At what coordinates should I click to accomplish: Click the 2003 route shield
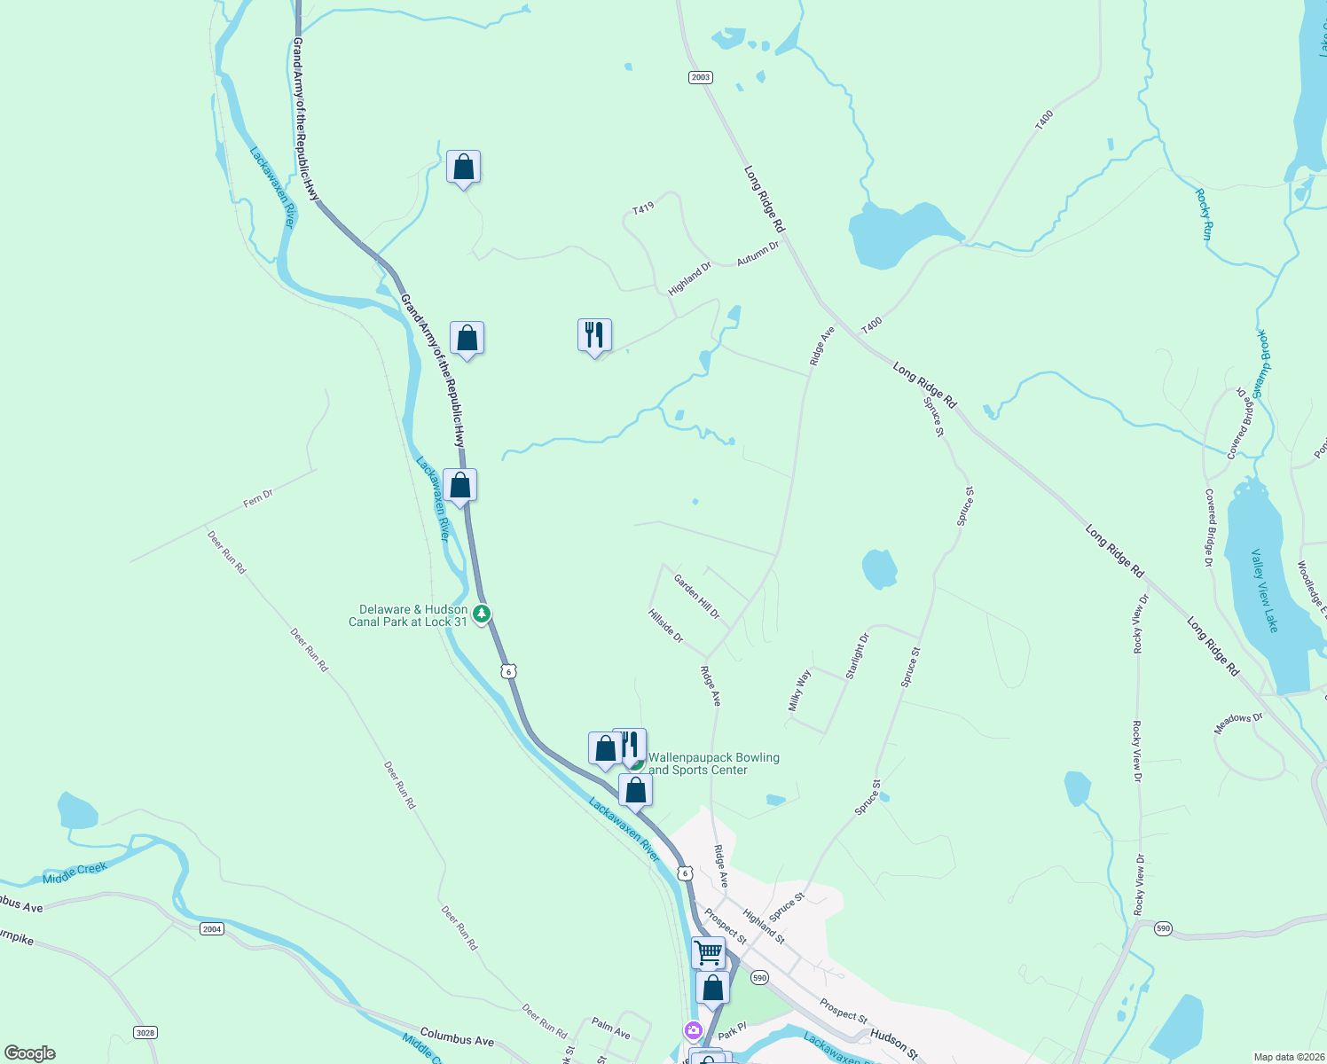coord(701,77)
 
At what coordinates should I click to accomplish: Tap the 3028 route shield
coord(145,1032)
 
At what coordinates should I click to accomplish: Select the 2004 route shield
coord(211,928)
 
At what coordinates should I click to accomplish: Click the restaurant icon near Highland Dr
coord(594,335)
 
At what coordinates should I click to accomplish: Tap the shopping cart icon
coord(709,953)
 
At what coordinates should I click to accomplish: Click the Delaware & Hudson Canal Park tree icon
coord(482,614)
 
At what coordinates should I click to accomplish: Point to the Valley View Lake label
coord(1265,591)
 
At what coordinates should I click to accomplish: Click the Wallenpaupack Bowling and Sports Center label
coord(713,763)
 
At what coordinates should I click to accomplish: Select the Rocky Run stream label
coord(1204,215)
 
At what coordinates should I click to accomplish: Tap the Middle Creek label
coord(75,873)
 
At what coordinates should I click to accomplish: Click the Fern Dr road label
coord(258,499)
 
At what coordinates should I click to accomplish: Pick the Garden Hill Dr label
coord(696,597)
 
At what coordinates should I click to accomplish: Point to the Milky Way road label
coord(800,691)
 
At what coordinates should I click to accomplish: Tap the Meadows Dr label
coord(1237,724)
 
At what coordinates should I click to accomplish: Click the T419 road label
coord(643,208)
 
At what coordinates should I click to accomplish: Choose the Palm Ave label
coord(610,1029)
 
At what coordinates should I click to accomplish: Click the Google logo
coord(30,1053)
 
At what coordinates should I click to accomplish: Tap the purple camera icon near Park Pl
coord(693,1030)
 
